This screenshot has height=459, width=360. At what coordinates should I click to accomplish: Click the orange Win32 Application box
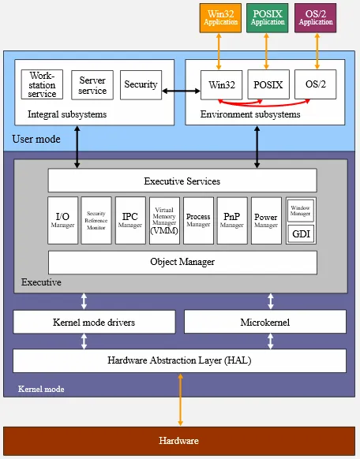219,17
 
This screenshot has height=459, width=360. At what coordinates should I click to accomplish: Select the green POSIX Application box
268,17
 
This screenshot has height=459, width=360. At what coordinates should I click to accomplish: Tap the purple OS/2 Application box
316,17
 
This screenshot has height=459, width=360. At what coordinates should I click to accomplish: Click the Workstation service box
42,84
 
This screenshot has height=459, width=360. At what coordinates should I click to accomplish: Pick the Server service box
92,85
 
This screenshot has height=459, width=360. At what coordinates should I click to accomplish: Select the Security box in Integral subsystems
141,84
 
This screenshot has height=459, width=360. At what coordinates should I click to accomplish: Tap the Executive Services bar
182,181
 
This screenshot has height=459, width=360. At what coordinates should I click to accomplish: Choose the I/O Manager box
63,220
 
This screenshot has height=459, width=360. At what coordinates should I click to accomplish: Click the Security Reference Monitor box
96,220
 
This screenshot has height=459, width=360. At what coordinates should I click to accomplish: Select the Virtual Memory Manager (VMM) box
164,220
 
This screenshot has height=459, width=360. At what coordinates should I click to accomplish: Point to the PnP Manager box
232,220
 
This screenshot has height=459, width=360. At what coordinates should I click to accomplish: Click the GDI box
301,234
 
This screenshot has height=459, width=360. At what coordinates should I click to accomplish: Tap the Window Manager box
301,210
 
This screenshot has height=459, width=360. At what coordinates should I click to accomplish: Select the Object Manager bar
182,262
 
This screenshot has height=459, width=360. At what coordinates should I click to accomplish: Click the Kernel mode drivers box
94,322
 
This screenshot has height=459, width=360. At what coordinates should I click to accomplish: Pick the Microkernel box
264,322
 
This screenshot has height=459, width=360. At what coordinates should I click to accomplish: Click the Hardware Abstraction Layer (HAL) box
179,360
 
